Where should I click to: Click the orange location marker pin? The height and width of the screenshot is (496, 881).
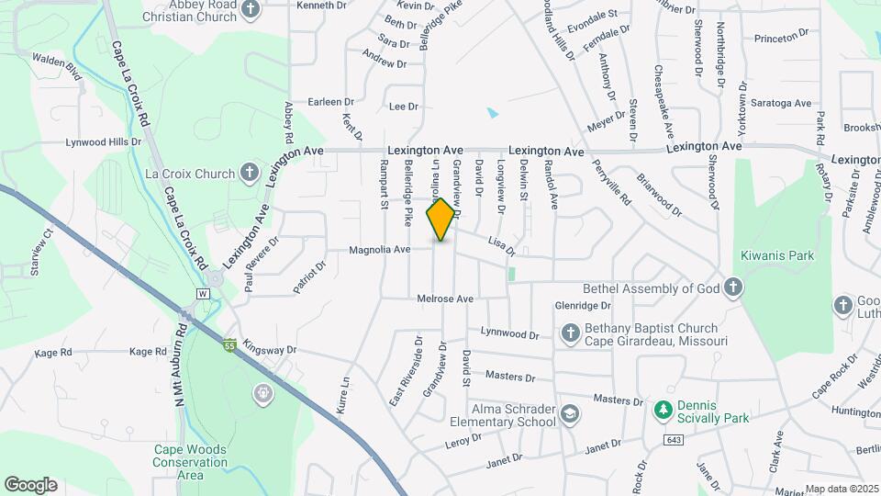(x=441, y=220)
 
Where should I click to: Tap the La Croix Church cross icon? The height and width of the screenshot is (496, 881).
(x=249, y=173)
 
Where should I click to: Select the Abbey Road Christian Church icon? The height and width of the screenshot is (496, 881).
(x=252, y=8)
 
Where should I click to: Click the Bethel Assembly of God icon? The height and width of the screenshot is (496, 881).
(x=732, y=288)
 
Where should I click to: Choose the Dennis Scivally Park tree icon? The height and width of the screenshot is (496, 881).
(x=663, y=410)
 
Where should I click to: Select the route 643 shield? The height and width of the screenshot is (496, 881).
(x=675, y=442)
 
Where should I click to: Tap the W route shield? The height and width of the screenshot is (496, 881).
(x=203, y=293)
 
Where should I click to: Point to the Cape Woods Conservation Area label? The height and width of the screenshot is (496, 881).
(x=190, y=462)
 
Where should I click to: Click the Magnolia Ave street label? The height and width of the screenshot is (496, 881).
(x=379, y=249)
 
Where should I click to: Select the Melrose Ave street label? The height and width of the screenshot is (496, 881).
(x=444, y=299)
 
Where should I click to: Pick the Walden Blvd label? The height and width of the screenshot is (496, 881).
(x=57, y=69)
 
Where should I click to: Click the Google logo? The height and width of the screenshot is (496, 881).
(x=30, y=485)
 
